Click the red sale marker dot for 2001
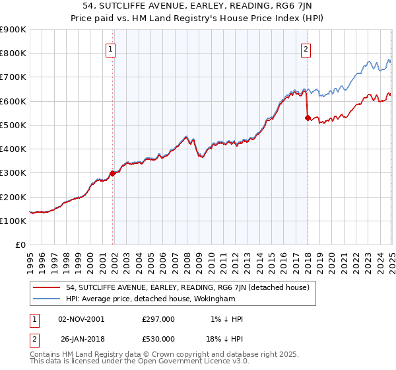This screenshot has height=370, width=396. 113,173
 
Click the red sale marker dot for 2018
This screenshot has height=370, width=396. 308,118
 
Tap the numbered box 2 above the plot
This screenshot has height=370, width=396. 306,48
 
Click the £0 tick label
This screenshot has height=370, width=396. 20,245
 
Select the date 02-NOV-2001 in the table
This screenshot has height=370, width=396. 81,319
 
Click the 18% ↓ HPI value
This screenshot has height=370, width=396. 225,339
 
